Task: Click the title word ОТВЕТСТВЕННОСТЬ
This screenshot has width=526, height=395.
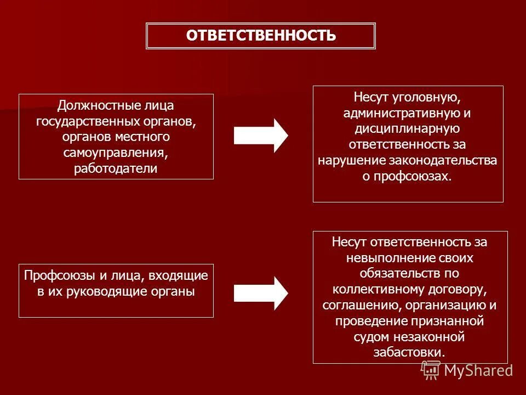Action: (x=261, y=36)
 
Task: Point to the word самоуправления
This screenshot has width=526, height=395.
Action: (x=116, y=152)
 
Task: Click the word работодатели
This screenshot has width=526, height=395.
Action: (x=116, y=168)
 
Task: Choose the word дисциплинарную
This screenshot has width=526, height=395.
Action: (x=408, y=129)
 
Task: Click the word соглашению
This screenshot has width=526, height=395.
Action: (x=365, y=304)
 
